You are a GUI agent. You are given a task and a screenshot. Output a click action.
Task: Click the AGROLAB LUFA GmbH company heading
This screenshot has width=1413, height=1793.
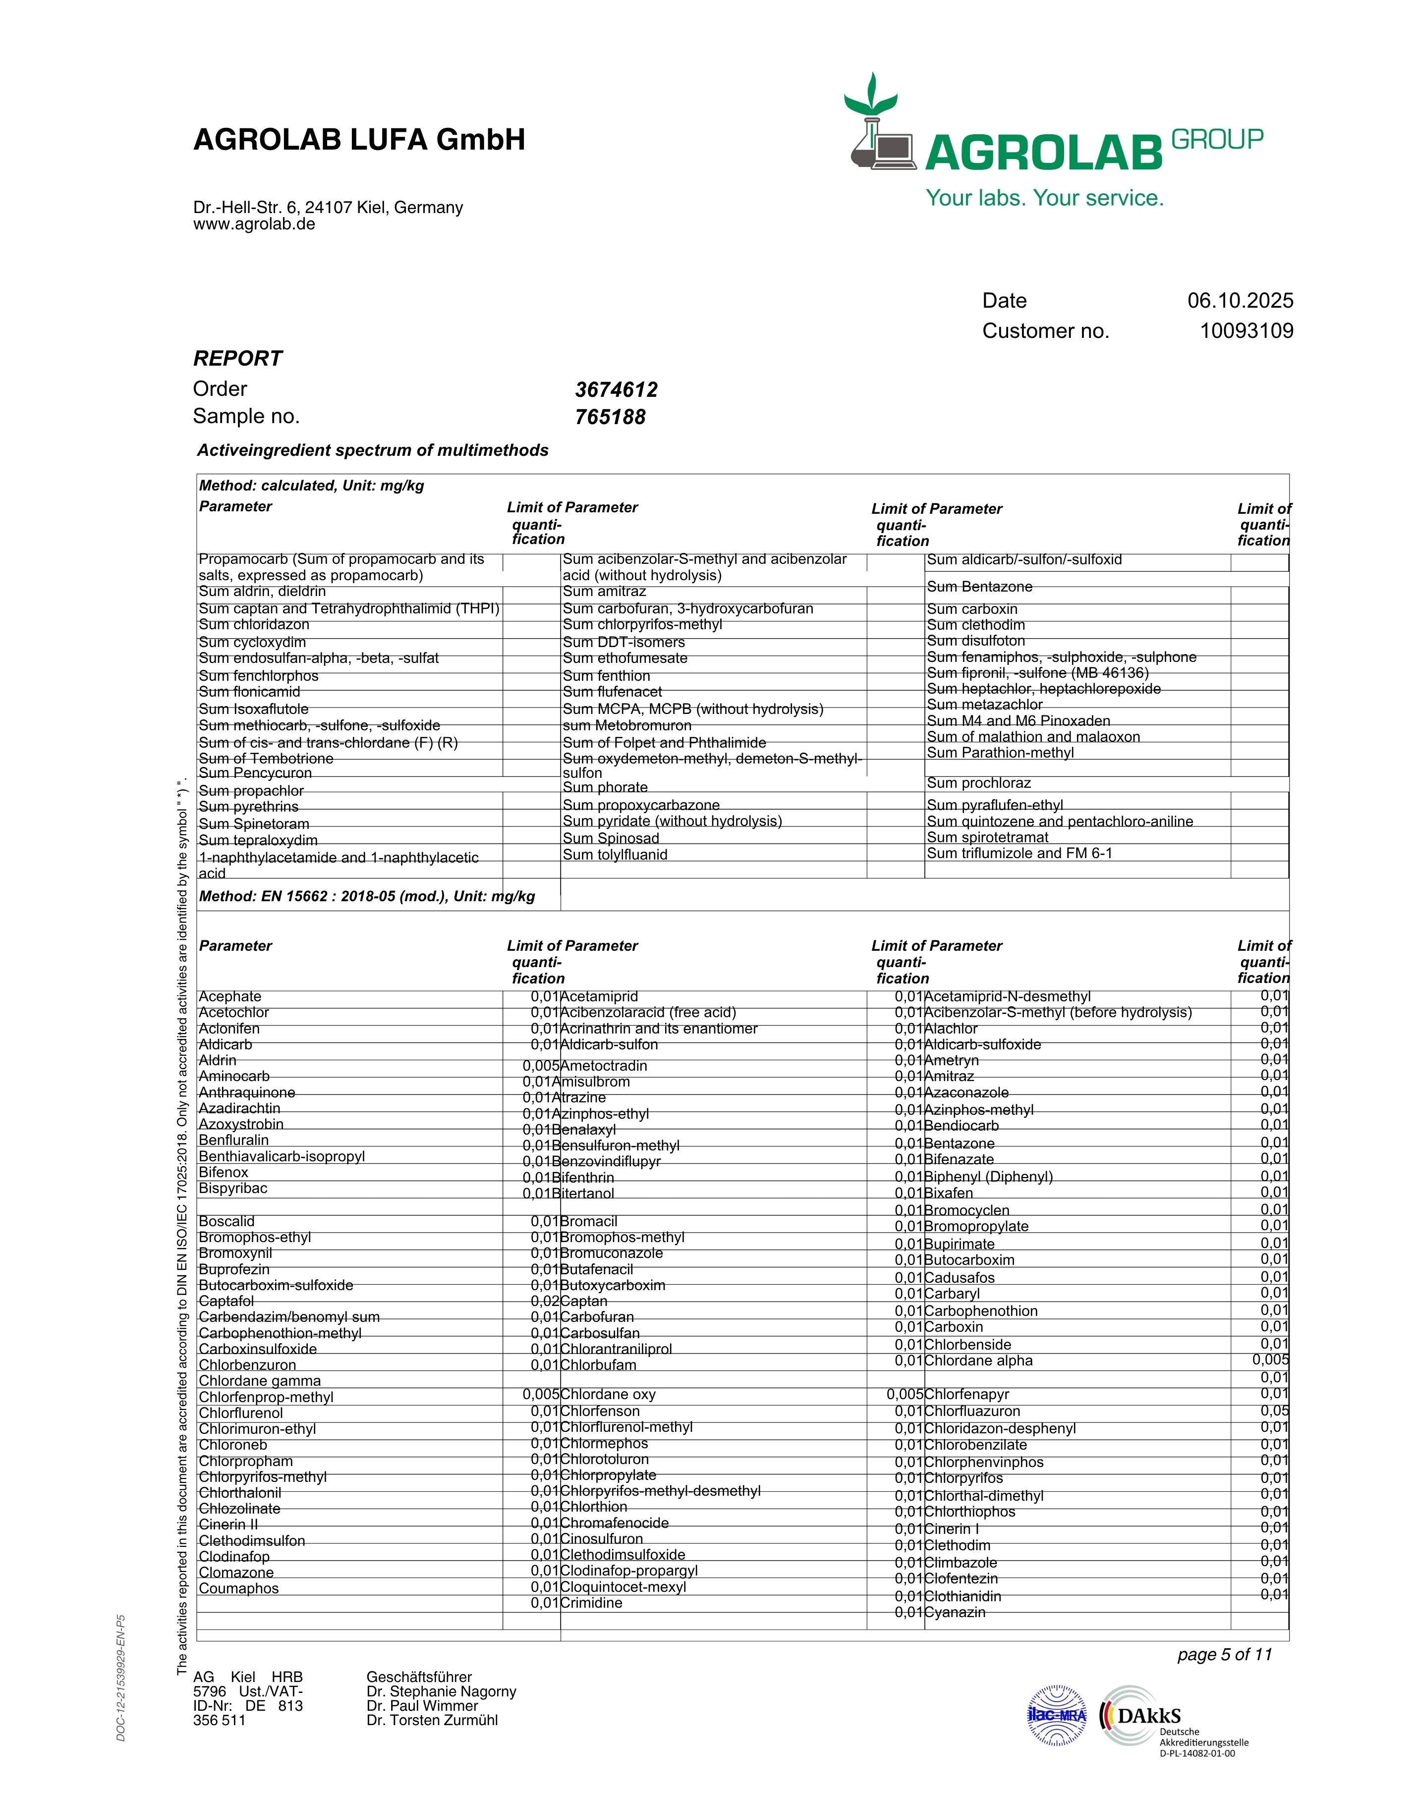[x=359, y=140]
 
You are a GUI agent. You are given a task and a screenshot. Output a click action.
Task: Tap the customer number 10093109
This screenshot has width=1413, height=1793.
[x=1246, y=331]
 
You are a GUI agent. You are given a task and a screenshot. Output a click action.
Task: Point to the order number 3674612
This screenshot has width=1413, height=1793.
[x=617, y=389]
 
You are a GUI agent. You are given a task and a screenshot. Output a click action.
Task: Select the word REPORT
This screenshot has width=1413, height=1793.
[x=237, y=359]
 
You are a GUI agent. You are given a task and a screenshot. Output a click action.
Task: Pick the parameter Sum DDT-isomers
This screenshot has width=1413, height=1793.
[x=624, y=642]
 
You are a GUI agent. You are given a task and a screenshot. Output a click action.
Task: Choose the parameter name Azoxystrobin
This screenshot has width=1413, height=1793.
[x=241, y=1124]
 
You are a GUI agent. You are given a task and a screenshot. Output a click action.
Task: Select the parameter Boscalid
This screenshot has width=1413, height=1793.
[x=226, y=1222]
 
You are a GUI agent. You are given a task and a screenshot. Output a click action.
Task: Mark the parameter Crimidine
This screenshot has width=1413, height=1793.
[x=591, y=1603]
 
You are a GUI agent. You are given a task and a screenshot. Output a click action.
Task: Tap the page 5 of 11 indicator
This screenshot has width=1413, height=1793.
[x=1224, y=1654]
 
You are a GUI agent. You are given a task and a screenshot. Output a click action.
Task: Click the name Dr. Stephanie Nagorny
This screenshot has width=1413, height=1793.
[x=441, y=1691]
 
